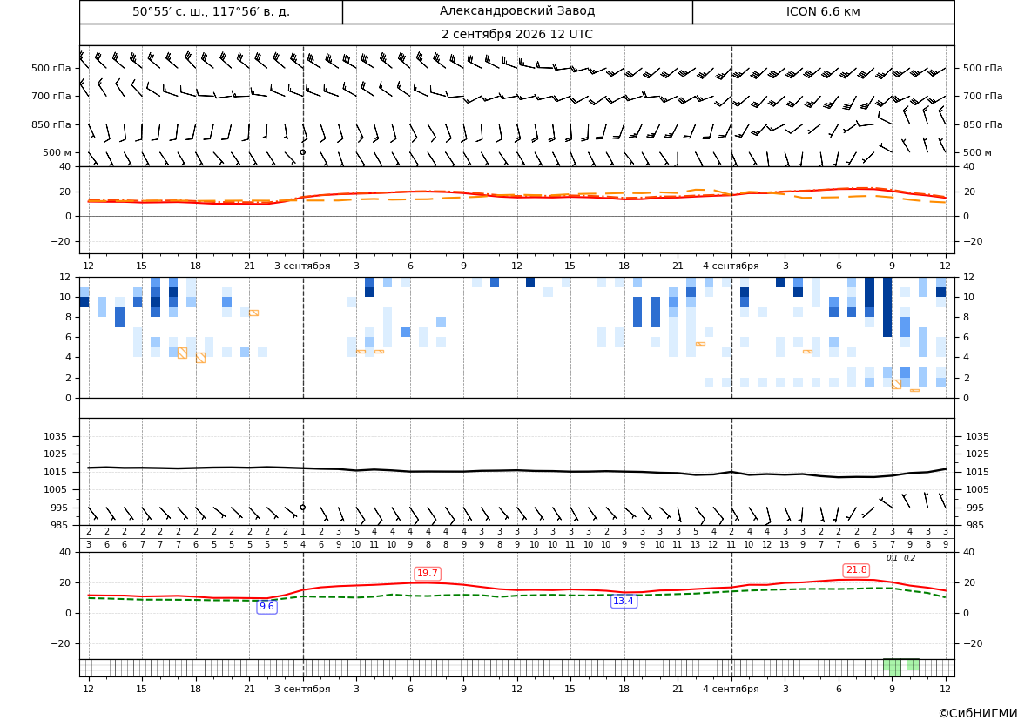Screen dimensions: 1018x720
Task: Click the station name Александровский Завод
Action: (516, 11)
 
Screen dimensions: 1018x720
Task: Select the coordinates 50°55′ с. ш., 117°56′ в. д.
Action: (211, 11)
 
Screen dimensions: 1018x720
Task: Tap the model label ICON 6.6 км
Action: (823, 11)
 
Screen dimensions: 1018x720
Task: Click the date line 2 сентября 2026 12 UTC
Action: (516, 35)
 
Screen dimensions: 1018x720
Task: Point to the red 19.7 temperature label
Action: (428, 573)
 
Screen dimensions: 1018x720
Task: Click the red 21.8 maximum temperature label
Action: (856, 570)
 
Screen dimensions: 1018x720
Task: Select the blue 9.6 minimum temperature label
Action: (266, 606)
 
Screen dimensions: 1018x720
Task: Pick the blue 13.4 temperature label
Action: (624, 602)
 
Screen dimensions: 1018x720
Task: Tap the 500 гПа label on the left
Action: (51, 68)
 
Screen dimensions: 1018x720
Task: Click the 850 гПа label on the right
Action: (983, 124)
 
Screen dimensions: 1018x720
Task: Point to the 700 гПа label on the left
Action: (51, 96)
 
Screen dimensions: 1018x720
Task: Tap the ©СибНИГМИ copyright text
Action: (978, 713)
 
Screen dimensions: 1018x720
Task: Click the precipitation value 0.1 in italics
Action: (892, 558)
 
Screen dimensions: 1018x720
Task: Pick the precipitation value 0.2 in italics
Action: (909, 558)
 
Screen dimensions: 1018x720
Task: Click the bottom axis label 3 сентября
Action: (302, 689)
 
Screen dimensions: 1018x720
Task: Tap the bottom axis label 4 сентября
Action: (731, 689)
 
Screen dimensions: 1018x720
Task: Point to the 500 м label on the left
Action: (57, 152)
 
